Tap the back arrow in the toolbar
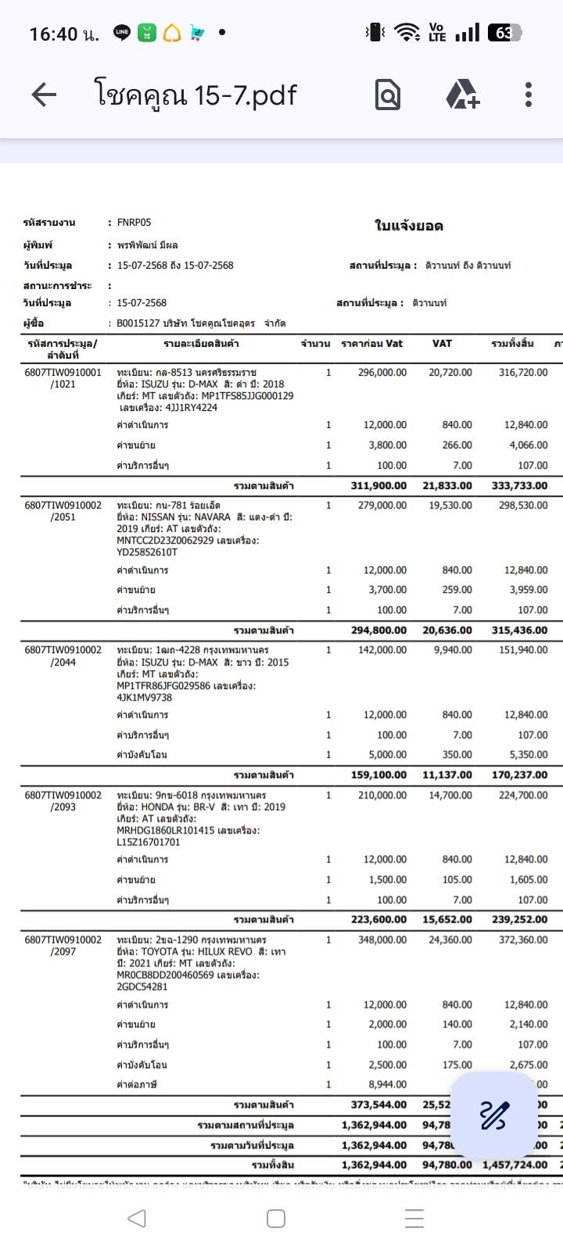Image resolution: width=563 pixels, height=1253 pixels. [x=44, y=95]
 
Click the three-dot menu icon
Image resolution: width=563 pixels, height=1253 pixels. [x=529, y=95]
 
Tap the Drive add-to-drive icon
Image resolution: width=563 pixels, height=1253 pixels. [x=462, y=95]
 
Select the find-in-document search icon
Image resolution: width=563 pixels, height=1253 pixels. [x=388, y=95]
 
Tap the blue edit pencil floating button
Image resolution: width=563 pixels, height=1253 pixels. [x=493, y=1116]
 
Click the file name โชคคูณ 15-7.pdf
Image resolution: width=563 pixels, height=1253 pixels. [x=195, y=95]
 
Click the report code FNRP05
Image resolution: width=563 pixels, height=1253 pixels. [x=134, y=223]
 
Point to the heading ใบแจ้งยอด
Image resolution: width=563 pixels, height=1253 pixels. [x=409, y=227]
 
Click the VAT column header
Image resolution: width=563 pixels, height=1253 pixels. [x=442, y=344]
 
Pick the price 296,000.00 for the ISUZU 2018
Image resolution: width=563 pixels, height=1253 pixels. [x=382, y=373]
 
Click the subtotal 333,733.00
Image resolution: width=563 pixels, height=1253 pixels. [x=519, y=485]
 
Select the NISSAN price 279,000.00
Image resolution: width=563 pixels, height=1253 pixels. [x=382, y=505]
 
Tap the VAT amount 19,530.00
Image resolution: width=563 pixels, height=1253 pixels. [x=450, y=505]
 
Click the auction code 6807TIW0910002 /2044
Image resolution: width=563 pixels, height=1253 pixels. [x=63, y=656]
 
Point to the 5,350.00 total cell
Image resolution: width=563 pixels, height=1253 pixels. [x=526, y=755]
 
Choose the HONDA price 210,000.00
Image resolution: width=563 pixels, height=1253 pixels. [x=382, y=795]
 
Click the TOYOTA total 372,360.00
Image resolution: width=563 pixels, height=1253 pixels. [x=523, y=940]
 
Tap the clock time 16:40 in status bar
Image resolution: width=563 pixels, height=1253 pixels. [x=53, y=34]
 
